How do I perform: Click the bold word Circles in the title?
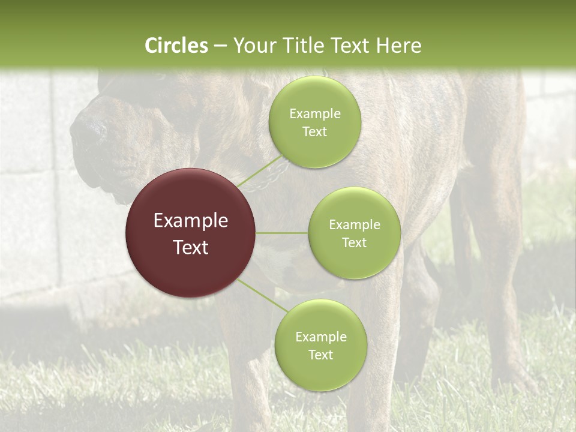click(176, 46)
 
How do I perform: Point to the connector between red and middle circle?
click(282, 233)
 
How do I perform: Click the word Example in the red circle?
click(191, 221)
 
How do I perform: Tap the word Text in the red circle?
click(191, 247)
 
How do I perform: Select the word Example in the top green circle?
click(314, 114)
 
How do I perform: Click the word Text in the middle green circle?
click(354, 242)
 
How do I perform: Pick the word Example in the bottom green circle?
click(320, 337)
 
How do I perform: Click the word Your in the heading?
click(251, 46)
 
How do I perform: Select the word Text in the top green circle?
click(314, 132)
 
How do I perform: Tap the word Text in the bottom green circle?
click(320, 355)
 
